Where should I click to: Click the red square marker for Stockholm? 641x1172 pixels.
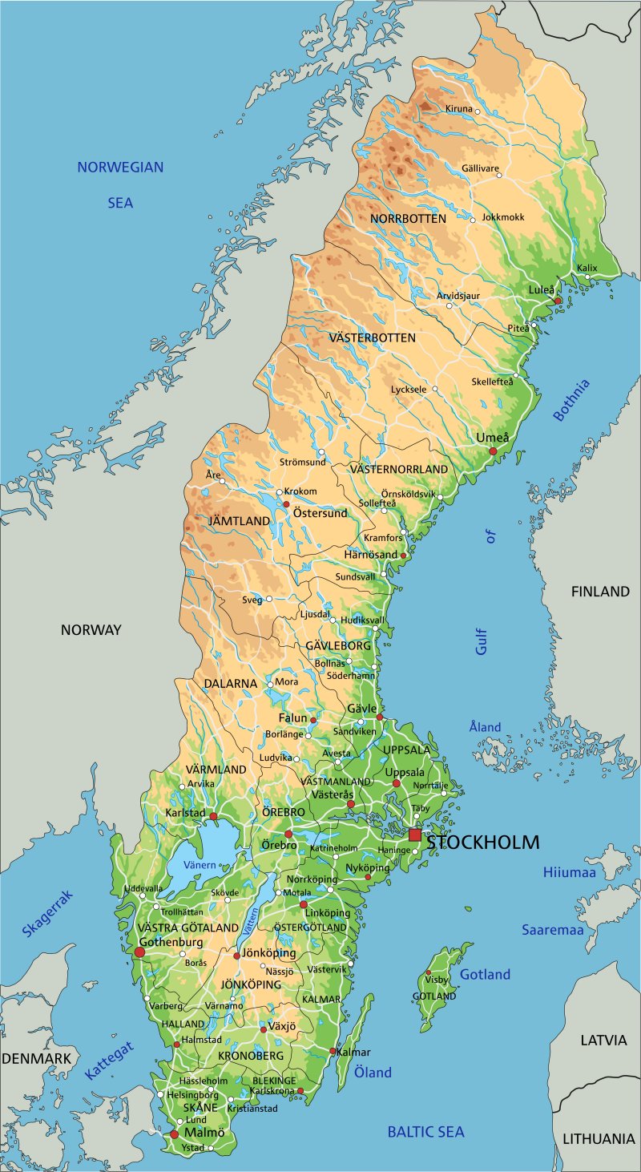(x=414, y=835)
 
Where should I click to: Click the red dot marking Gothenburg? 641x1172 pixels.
(x=139, y=952)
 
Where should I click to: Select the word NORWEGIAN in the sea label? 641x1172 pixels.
(x=120, y=168)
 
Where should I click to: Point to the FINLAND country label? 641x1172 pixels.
(x=600, y=592)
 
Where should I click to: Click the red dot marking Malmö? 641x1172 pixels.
(x=174, y=1134)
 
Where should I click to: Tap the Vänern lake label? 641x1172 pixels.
(x=200, y=865)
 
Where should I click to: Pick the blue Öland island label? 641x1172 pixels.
(x=373, y=1073)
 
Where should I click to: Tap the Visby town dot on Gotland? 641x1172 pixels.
(x=428, y=972)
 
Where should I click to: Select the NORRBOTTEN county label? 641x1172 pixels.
(x=408, y=218)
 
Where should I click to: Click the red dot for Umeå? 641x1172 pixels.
(x=494, y=452)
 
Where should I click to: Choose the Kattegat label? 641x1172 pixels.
(x=110, y=1061)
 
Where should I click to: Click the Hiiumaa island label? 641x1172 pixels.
(x=570, y=872)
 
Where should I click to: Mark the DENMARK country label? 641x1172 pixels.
(x=36, y=1058)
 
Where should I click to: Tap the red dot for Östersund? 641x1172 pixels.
(x=285, y=504)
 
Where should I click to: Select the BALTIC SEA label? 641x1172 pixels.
(x=425, y=1132)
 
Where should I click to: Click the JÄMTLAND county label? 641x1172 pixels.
(x=240, y=521)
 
